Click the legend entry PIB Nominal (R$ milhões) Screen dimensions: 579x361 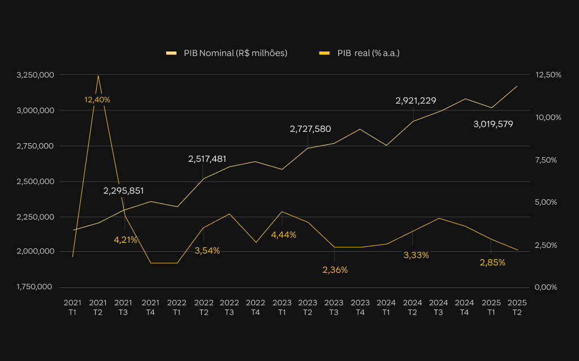click(x=227, y=53)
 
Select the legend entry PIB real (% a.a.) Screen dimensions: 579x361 click(x=359, y=53)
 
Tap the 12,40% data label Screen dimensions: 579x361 click(x=97, y=100)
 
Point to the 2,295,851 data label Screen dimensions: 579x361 click(x=123, y=191)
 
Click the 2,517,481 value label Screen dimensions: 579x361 click(x=207, y=159)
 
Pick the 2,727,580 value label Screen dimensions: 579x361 click(x=310, y=129)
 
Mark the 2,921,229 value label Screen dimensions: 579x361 click(x=416, y=101)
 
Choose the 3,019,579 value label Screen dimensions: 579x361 click(x=493, y=124)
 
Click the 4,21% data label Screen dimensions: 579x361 click(x=126, y=240)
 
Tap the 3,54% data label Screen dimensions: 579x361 click(x=207, y=251)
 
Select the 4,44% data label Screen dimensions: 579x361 click(x=284, y=235)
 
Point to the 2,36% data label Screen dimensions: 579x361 click(x=335, y=270)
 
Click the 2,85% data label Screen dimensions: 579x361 click(x=492, y=263)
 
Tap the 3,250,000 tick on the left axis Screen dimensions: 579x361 click(x=35, y=75)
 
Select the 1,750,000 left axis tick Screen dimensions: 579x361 click(x=34, y=287)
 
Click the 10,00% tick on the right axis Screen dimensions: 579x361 click(x=548, y=118)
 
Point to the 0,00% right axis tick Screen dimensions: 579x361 click(x=546, y=287)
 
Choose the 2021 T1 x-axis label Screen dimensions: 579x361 click(x=72, y=307)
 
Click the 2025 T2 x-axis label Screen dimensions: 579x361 click(x=517, y=307)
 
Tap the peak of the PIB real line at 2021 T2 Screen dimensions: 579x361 click(x=98, y=76)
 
